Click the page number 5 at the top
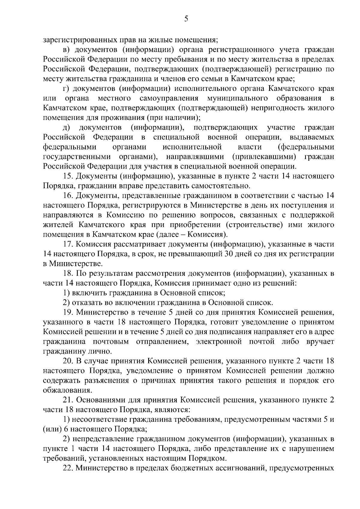click(186, 19)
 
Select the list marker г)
click(66, 89)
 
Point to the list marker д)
click(67, 128)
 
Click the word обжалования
click(66, 391)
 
